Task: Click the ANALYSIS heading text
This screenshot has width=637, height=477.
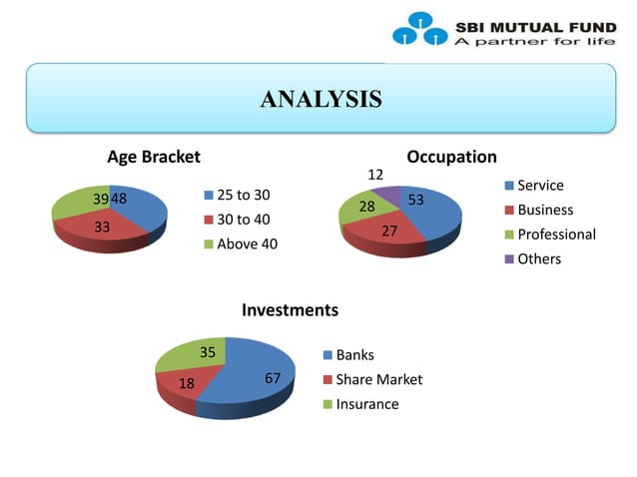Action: [x=319, y=99]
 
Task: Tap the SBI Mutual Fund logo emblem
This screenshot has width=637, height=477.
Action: [x=420, y=28]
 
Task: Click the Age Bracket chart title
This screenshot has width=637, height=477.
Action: [x=154, y=157]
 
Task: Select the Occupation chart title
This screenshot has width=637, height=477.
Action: [x=451, y=157]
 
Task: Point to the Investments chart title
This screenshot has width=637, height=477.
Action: [x=290, y=310]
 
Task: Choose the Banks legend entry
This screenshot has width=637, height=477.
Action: [x=353, y=355]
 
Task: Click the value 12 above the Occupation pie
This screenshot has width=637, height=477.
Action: [x=375, y=175]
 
